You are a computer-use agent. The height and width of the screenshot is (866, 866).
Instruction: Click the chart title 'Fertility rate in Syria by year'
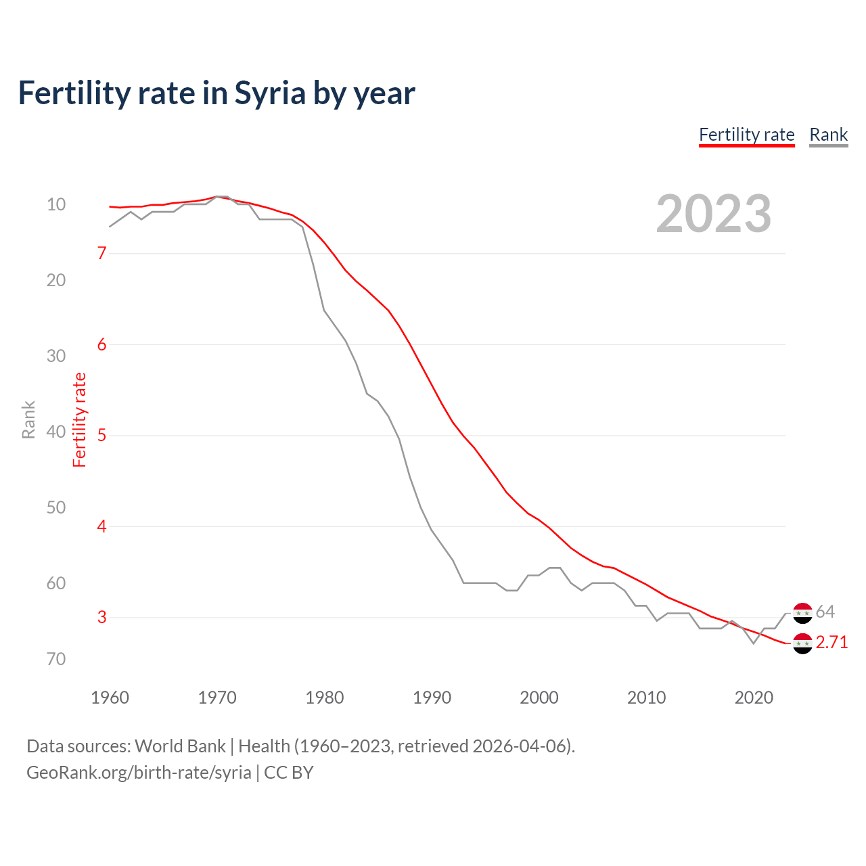(216, 93)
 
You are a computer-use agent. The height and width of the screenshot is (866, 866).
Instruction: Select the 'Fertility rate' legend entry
(746, 135)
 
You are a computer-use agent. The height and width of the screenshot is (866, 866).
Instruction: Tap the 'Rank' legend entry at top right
(828, 135)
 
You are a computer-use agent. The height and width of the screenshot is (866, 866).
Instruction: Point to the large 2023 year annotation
(713, 214)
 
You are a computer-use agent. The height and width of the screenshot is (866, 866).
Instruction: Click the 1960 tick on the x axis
(110, 698)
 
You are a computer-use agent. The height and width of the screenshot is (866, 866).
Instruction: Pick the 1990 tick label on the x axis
(432, 698)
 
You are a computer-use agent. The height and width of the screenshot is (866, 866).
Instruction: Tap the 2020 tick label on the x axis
(754, 698)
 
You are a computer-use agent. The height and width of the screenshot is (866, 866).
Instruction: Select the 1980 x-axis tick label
(325, 698)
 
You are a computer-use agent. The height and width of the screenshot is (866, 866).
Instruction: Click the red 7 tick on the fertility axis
(102, 253)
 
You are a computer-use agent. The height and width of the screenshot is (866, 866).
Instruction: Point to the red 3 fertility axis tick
(102, 617)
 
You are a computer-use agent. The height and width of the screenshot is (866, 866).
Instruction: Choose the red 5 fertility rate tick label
(102, 435)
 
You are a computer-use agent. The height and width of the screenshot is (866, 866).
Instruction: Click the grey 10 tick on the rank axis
(56, 204)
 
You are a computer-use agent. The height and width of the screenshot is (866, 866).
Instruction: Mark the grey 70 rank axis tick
(56, 659)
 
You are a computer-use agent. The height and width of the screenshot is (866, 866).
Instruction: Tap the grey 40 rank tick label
(56, 432)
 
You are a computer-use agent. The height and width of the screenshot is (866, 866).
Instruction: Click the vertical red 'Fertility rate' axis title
(80, 419)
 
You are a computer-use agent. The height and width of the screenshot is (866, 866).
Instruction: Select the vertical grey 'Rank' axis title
(28, 419)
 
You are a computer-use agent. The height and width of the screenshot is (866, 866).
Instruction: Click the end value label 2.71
(831, 642)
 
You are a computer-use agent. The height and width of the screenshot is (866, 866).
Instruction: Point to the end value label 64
(825, 612)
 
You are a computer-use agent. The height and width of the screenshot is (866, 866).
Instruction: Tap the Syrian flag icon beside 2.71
(802, 643)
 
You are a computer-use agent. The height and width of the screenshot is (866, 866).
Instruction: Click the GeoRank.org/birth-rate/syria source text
(139, 773)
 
